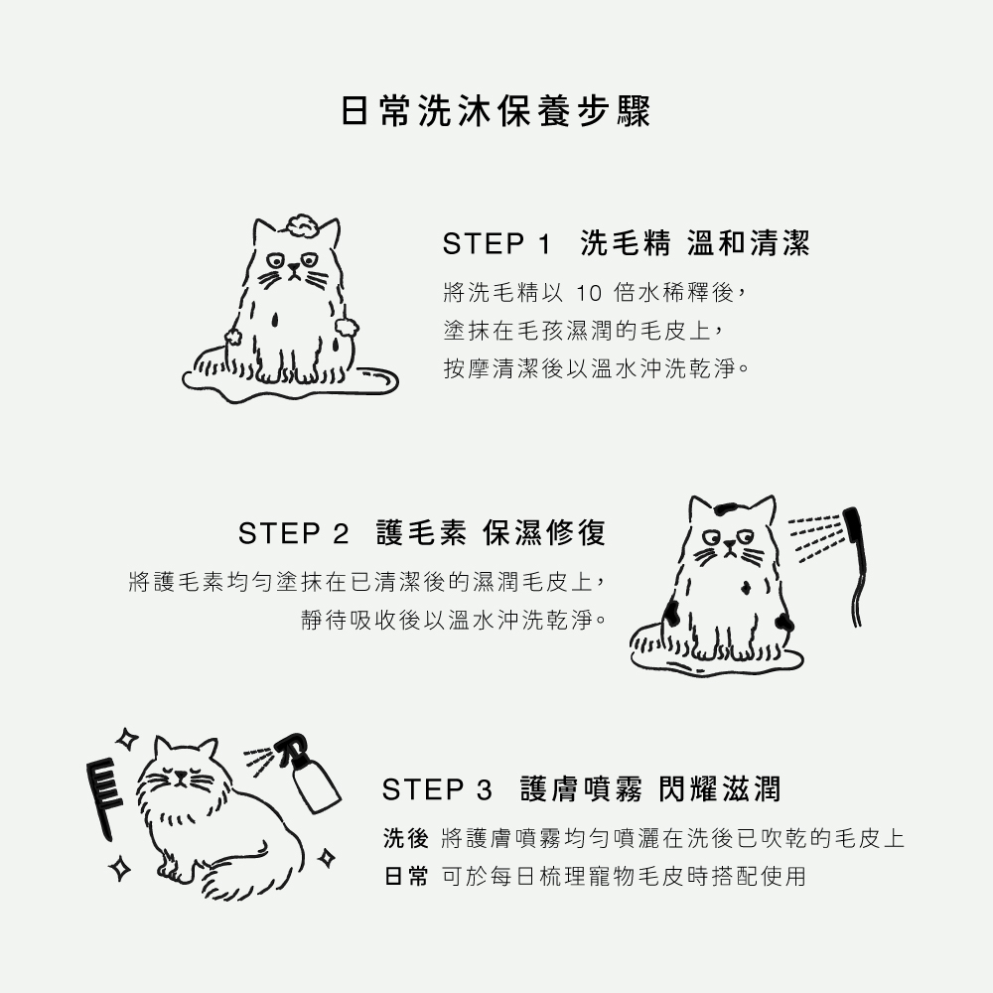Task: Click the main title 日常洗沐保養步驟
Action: (x=496, y=111)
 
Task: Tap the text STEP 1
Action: (x=497, y=244)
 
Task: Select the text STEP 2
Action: (x=293, y=533)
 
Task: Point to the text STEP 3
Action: (x=437, y=789)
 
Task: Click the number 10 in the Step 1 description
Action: (x=588, y=293)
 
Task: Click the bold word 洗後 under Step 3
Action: (x=406, y=838)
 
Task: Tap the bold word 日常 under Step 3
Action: (x=406, y=877)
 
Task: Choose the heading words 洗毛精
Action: (x=625, y=243)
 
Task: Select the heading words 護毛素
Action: (x=421, y=532)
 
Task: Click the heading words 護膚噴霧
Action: (x=581, y=789)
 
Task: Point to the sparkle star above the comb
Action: (x=127, y=739)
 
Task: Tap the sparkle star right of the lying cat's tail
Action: (x=326, y=858)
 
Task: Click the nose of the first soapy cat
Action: (x=293, y=268)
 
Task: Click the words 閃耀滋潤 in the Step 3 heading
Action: (x=719, y=789)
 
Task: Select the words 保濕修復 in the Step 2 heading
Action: (x=544, y=532)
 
